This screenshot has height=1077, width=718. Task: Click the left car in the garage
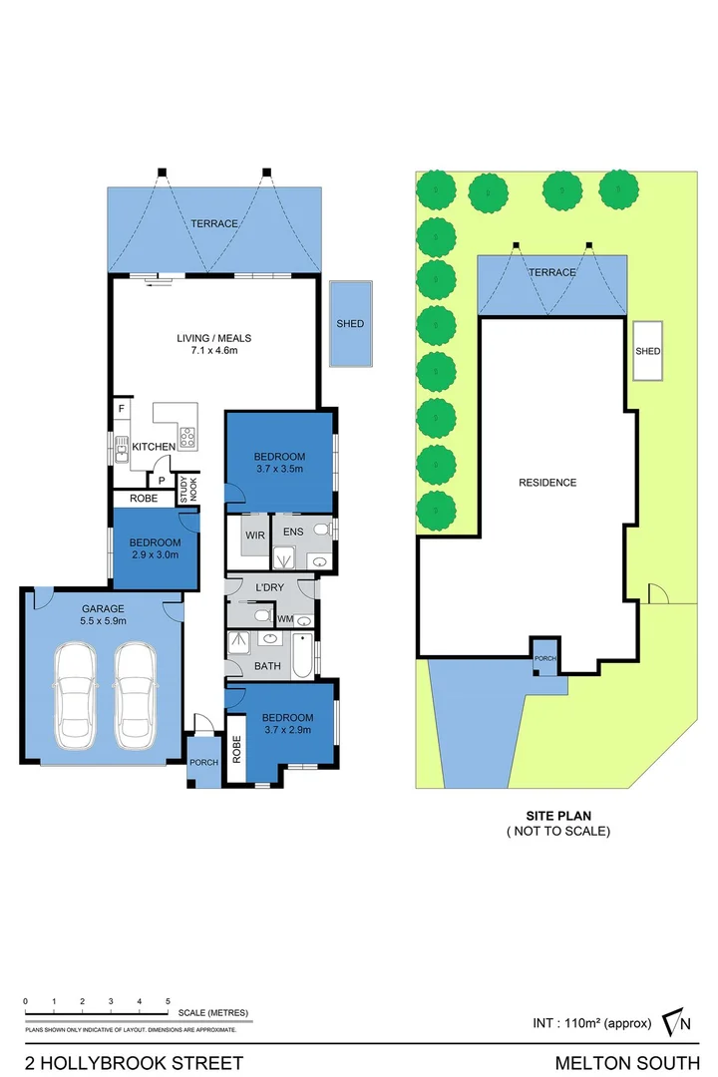77,694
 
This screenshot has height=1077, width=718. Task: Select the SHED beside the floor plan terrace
350,323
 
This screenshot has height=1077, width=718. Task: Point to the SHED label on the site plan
648,351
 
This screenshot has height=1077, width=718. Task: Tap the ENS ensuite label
293,533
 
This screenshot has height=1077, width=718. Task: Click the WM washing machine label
285,620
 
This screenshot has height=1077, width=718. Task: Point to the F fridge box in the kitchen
122,409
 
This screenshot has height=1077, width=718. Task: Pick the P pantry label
162,480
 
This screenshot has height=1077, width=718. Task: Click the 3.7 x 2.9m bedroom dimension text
287,730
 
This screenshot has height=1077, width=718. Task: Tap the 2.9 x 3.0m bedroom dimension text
154,555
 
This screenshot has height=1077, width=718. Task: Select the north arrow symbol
680,1022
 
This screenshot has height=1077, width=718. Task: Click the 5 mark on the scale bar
168,1000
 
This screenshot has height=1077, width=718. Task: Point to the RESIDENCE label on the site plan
547,483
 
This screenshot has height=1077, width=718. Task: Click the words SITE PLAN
557,815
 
